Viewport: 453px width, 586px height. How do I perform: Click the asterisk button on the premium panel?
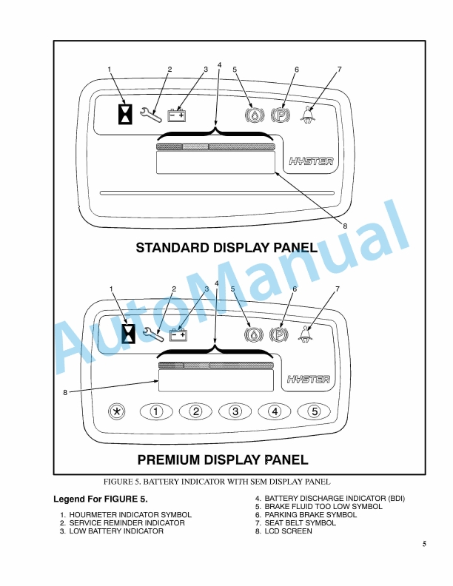[x=117, y=412]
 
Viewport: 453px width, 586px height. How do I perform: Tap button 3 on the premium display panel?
[x=235, y=412]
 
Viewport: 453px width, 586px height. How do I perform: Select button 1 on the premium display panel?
[x=156, y=412]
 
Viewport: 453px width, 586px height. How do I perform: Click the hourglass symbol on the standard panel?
[x=125, y=114]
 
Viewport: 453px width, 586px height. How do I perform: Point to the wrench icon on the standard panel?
[x=151, y=115]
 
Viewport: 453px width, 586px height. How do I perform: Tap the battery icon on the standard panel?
[x=176, y=115]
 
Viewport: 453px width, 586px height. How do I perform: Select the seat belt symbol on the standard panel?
[x=308, y=115]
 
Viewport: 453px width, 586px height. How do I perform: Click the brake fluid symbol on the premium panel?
[x=254, y=334]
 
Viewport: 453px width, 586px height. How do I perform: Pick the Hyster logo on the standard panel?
[x=311, y=161]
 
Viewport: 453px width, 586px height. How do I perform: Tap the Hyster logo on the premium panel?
[x=309, y=380]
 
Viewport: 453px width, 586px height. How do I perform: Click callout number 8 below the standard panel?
[x=345, y=226]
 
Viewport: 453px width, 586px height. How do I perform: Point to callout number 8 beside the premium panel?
[x=65, y=392]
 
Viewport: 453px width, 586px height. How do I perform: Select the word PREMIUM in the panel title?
[x=169, y=459]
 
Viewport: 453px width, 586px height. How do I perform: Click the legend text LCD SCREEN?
[x=288, y=531]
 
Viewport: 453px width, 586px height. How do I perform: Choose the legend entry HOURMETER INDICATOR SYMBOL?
[x=130, y=515]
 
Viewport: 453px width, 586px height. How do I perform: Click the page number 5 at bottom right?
[x=424, y=544]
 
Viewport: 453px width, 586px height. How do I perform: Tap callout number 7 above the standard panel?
[x=339, y=69]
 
